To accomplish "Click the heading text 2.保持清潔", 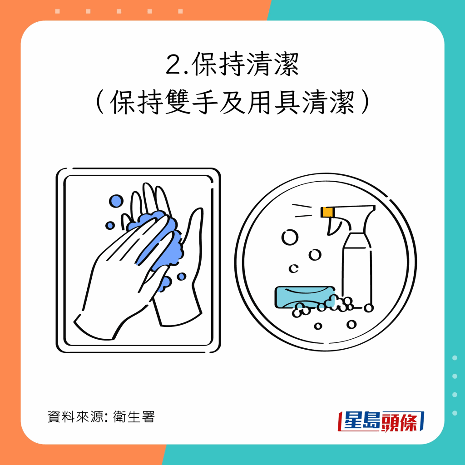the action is pos(232,64).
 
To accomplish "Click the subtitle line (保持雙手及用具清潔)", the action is pos(232,102).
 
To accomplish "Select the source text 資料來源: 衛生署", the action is pos(101,417).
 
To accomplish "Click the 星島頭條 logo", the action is pos(381,421).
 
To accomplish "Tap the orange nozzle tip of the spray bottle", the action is pos(328,212).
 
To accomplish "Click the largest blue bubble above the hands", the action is pos(116,201).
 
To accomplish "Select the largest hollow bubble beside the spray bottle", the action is pos(290,237).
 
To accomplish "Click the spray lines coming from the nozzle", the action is pos(302,211).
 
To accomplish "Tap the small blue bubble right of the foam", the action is pos(182,277).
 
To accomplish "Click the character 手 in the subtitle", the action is pos(205,102).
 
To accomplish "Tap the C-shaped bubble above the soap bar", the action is pos(294,268).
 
